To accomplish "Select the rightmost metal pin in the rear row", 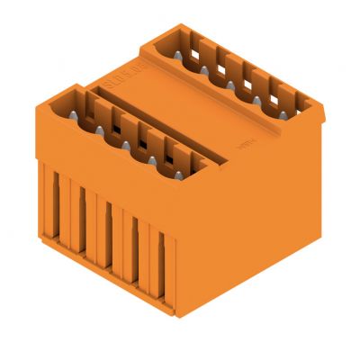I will point(282,114).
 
